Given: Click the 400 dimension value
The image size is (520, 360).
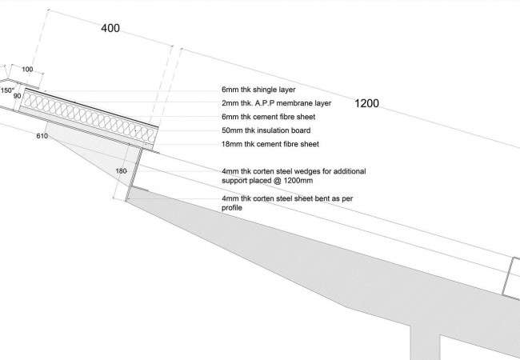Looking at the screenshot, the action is tap(110, 28).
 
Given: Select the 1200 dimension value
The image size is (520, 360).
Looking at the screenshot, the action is tap(366, 103).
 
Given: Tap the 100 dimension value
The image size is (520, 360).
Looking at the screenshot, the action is tap(27, 70).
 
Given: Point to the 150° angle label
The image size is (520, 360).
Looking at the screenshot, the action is tap(7, 90).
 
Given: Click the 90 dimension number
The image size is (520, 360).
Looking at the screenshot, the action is tap(18, 96).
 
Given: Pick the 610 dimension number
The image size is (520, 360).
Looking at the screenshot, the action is tap(42, 136).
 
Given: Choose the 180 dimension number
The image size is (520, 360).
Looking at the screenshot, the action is tap(121, 171).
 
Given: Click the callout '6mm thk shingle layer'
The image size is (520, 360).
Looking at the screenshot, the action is tap(258, 90).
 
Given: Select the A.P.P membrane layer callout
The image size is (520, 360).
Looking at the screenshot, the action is tap(276, 103).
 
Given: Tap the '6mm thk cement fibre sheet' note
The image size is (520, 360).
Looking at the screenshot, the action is tap(269, 117).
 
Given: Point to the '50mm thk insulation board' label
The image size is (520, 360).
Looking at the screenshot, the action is tap(266, 130).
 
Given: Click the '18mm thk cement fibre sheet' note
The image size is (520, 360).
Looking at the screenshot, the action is tap(270, 144).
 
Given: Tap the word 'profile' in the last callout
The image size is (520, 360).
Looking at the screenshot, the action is tap(232, 208).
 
